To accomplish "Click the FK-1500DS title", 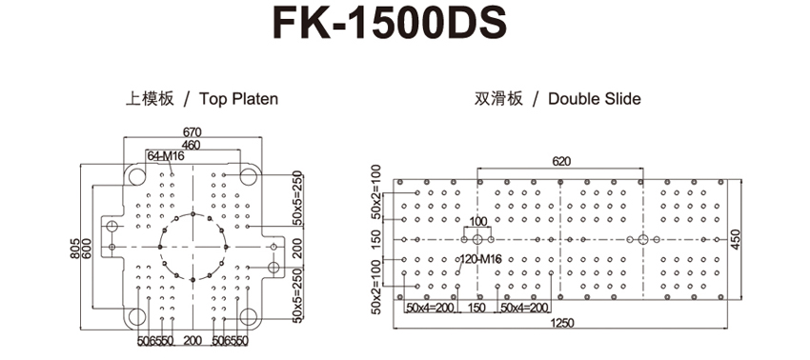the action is (390, 24).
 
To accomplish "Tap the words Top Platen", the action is (238, 99).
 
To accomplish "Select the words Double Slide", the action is (594, 99).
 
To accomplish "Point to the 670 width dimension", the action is (192, 132).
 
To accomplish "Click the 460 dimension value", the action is (192, 145).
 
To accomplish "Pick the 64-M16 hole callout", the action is (166, 156).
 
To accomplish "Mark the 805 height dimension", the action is (75, 248).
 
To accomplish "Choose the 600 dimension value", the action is (87, 248).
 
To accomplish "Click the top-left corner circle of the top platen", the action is (137, 176).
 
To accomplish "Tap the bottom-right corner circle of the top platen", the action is (249, 316).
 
